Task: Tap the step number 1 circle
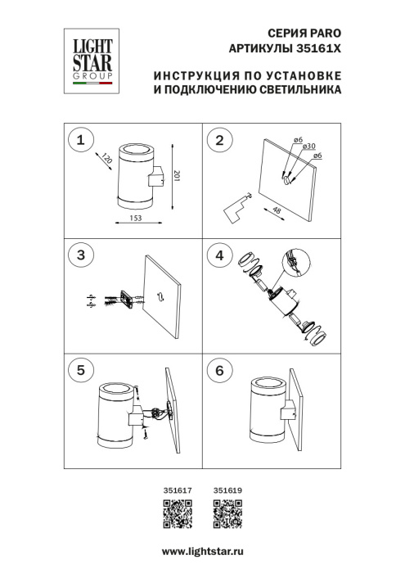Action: (x=80, y=141)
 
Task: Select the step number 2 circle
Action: (x=218, y=141)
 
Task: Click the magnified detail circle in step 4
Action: (x=293, y=264)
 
